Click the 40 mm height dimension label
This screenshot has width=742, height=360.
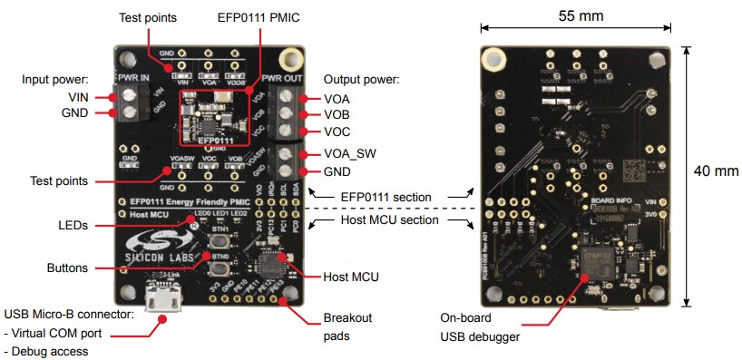click(x=716, y=170)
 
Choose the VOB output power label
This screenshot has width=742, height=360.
click(x=337, y=115)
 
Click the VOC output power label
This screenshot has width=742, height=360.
click(x=337, y=131)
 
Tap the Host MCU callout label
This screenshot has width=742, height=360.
click(x=352, y=276)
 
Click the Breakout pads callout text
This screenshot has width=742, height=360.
click(x=348, y=326)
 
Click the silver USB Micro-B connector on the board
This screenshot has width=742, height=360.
click(x=164, y=299)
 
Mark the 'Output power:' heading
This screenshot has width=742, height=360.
click(x=361, y=80)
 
